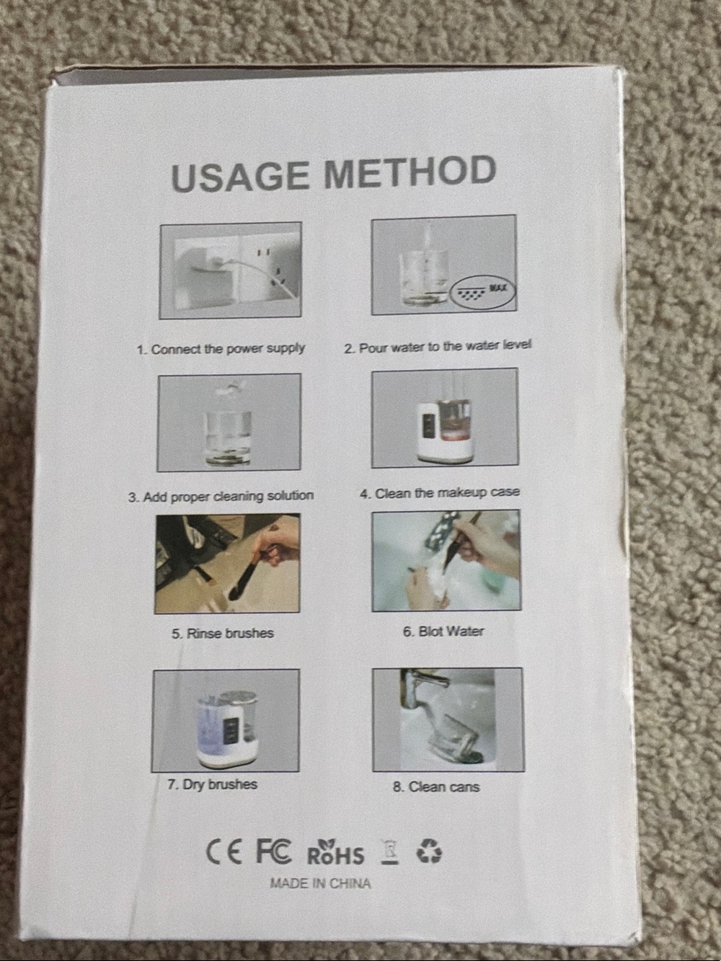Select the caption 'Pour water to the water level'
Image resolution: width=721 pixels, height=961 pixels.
click(x=438, y=346)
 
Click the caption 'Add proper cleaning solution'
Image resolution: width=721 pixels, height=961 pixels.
click(x=221, y=497)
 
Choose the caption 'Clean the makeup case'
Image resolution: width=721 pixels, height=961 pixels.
click(x=440, y=493)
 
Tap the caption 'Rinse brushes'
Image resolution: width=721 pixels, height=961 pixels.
click(x=222, y=634)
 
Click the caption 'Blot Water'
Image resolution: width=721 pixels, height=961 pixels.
click(x=443, y=632)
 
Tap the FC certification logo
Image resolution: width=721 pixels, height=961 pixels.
click(x=273, y=851)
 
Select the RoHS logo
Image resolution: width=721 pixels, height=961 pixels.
click(x=335, y=851)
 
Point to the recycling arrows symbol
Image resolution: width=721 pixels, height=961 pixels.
click(x=428, y=851)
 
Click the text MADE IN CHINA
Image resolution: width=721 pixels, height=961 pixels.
click(x=320, y=883)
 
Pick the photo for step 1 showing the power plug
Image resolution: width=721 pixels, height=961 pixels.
click(x=230, y=270)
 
